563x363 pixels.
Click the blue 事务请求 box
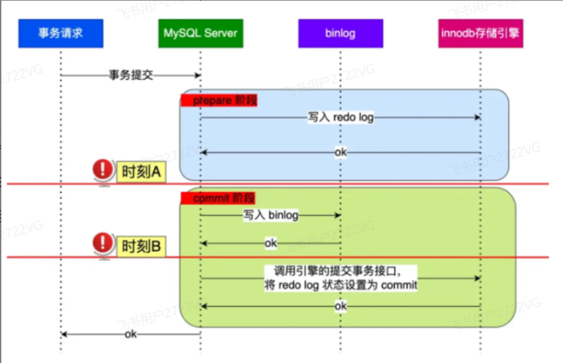tap(61, 33)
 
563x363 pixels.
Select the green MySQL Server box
tap(201, 33)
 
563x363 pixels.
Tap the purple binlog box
tap(340, 33)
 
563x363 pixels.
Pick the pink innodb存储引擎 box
tap(480, 33)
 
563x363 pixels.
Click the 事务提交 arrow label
tap(131, 75)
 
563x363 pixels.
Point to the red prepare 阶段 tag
tap(219, 100)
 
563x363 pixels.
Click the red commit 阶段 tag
tap(218, 198)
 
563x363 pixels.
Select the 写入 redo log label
tap(340, 117)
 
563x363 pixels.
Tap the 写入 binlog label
tap(271, 215)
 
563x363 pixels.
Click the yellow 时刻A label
tap(142, 172)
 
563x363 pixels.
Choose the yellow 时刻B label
tap(142, 246)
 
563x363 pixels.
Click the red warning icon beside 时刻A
tap(103, 170)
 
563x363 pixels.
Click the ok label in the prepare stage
tap(340, 152)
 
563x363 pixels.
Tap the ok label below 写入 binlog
tap(271, 243)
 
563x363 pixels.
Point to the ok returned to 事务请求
tap(131, 335)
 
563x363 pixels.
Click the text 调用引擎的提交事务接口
tap(340, 271)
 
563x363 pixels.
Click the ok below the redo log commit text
tap(340, 306)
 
